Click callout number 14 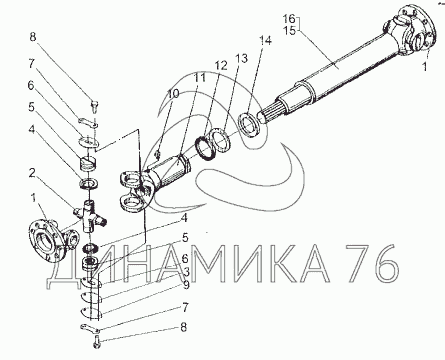point(266,41)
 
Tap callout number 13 point(242,59)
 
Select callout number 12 point(221,66)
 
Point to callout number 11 point(200,78)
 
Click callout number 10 point(173,94)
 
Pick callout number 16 point(289,19)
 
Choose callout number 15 point(289,31)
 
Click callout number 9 point(186,285)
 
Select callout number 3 point(186,272)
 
